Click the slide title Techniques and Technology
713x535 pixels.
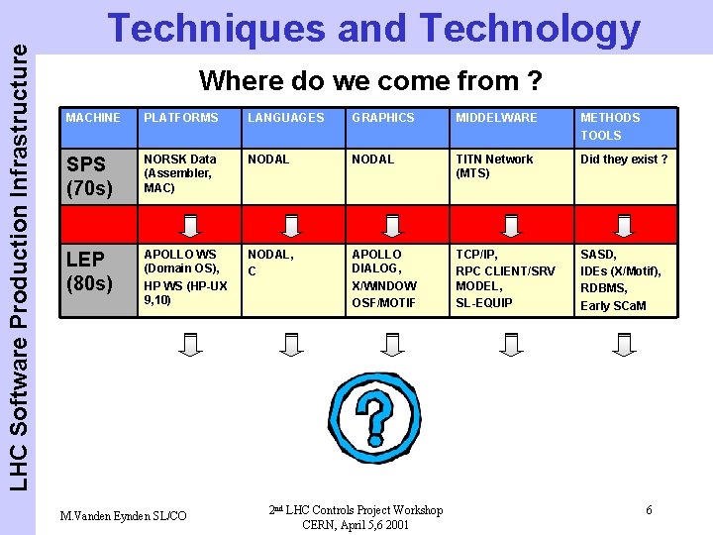pyautogui.click(x=373, y=30)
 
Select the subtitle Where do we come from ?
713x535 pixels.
pyautogui.click(x=371, y=79)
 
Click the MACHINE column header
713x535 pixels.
pyautogui.click(x=93, y=118)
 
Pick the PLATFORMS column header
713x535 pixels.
pyautogui.click(x=181, y=118)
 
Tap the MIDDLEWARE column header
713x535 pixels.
pyautogui.click(x=496, y=118)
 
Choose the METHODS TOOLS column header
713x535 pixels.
pyautogui.click(x=610, y=126)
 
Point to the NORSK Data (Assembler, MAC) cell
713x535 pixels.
pyautogui.click(x=180, y=173)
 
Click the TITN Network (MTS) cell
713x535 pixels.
pyautogui.click(x=494, y=165)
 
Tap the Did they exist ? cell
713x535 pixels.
pyautogui.click(x=624, y=160)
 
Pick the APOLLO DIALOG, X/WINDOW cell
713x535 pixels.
pyautogui.click(x=384, y=277)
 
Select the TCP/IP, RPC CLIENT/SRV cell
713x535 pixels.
pyautogui.click(x=505, y=277)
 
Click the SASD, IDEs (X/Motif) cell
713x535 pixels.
pyautogui.click(x=621, y=279)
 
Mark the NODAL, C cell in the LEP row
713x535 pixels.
pyautogui.click(x=270, y=263)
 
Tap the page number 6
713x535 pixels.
pyautogui.click(x=649, y=510)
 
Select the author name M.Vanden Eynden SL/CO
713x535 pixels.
pyautogui.click(x=123, y=515)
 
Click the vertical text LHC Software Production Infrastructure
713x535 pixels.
pyautogui.click(x=18, y=248)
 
